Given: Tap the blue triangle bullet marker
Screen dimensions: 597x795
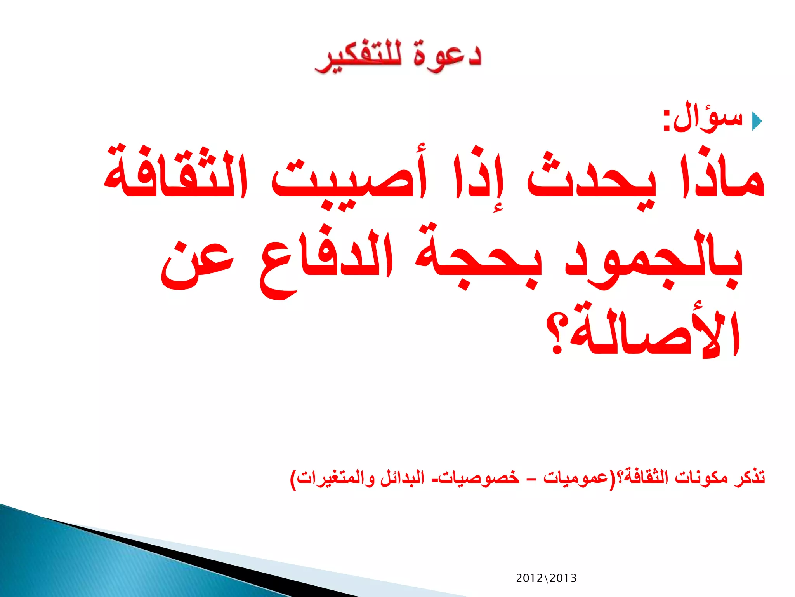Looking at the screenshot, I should coord(757,121).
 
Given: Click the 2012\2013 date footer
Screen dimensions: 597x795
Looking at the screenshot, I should coord(546,578).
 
